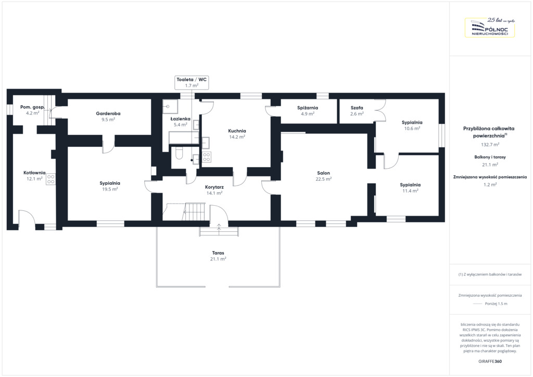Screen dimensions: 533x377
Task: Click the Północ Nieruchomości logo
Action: click(490, 27)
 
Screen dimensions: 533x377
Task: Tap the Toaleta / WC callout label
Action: click(192, 83)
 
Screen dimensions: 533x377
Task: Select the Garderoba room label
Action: click(108, 117)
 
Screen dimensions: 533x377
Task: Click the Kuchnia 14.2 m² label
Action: click(237, 134)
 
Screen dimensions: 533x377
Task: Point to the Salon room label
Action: click(323, 176)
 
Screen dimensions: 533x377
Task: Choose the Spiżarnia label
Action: click(308, 111)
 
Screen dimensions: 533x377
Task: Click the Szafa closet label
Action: click(357, 111)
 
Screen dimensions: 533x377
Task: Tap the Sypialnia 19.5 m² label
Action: click(110, 186)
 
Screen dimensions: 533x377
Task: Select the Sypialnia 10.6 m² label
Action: click(412, 125)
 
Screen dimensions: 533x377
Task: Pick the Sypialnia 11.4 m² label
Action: click(410, 188)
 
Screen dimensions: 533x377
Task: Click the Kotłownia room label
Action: click(34, 176)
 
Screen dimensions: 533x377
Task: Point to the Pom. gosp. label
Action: click(32, 110)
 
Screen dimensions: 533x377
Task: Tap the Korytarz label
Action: click(214, 190)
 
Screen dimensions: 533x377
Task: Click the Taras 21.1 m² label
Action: click(218, 256)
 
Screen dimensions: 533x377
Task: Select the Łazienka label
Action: click(181, 122)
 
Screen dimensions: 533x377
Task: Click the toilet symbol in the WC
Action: click(179, 153)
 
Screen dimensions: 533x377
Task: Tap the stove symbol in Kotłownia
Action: click(50, 179)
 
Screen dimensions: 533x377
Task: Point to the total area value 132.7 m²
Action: click(490, 144)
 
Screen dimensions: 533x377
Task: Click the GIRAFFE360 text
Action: click(490, 361)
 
